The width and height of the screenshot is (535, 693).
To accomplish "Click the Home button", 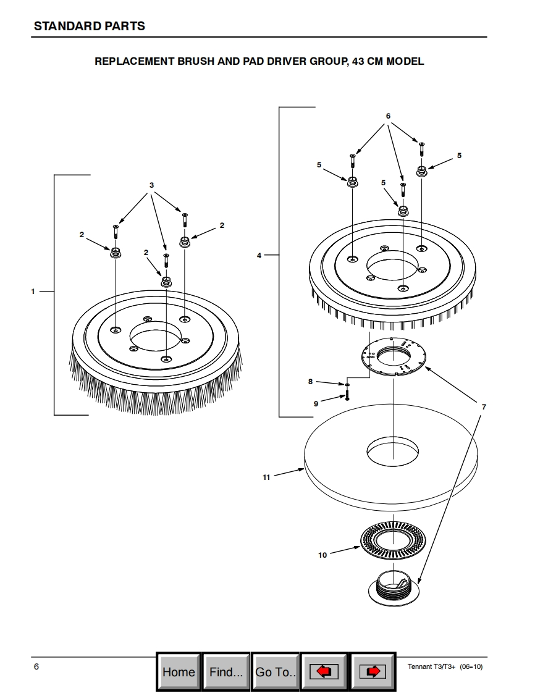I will click(179, 671).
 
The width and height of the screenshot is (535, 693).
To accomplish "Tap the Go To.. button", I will click(276, 671).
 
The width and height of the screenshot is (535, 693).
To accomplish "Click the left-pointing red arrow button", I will click(324, 671).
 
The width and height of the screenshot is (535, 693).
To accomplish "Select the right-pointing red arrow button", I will click(373, 671).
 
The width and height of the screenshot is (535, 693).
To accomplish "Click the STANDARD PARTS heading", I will click(90, 26).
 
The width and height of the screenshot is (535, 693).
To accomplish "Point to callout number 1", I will click(33, 292).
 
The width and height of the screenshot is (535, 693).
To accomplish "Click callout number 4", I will click(259, 255).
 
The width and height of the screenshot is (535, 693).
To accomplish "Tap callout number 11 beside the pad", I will click(266, 477).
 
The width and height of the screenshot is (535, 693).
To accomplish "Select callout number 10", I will click(322, 555).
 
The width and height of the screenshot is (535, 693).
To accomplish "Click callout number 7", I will click(484, 407).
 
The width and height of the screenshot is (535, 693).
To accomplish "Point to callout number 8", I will click(311, 382).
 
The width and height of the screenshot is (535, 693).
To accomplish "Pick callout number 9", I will click(316, 403).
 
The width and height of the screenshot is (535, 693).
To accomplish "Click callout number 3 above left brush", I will click(151, 185).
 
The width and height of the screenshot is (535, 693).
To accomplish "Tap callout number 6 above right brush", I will click(388, 116).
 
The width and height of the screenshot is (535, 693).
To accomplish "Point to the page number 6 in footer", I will click(36, 666).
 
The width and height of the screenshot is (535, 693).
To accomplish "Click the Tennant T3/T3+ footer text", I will click(445, 667).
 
